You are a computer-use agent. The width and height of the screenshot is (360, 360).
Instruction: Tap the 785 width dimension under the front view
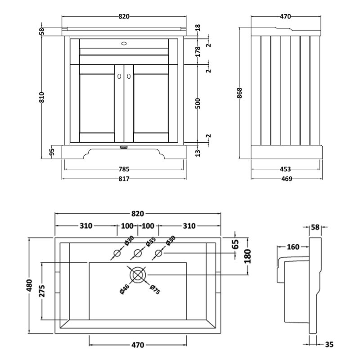[x=124, y=169]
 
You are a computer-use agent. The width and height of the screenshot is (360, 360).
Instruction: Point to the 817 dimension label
[x=124, y=179]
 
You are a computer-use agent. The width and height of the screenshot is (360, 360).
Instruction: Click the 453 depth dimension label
[x=285, y=169]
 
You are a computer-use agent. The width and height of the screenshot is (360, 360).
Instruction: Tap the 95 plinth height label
[x=52, y=151]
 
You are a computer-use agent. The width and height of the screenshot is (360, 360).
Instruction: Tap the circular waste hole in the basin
[x=138, y=274]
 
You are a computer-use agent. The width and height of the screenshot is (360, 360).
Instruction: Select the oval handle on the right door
[x=129, y=77]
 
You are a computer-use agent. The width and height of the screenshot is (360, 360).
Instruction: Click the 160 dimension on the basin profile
[x=293, y=246]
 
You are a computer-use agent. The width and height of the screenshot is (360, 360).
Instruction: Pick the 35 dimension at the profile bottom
[x=328, y=345]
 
